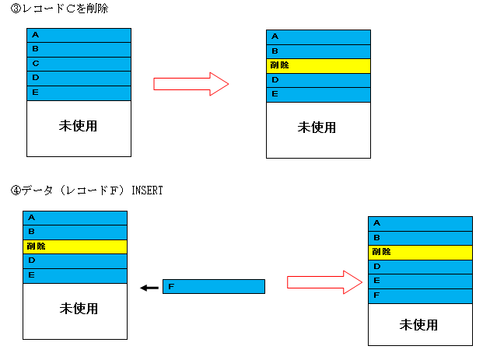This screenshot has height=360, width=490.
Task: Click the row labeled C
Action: click(79, 64)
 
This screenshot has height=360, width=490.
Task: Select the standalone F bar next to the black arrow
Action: click(214, 287)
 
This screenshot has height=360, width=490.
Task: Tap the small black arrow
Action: click(149, 288)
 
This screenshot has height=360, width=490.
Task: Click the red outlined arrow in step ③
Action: click(191, 84)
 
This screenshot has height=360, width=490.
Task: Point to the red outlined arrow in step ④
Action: click(324, 282)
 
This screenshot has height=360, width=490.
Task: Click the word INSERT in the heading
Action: click(147, 190)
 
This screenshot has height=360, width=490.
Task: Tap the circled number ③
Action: click(16, 9)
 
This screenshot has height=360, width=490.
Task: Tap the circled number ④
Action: click(16, 190)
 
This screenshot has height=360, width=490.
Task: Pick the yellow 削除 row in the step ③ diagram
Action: click(318, 66)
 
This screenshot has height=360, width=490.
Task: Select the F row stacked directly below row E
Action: click(420, 296)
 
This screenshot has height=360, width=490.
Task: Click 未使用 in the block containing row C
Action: click(78, 126)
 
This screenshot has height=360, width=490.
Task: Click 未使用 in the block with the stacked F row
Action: click(418, 325)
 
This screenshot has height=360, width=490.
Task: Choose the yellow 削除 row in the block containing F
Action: click(420, 253)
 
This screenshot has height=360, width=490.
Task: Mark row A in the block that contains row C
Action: click(79, 35)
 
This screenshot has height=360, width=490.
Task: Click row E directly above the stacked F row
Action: click(420, 281)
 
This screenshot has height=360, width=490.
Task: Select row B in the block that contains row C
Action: click(79, 50)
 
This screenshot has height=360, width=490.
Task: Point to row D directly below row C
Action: click(79, 79)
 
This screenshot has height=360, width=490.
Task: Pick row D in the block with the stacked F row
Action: click(420, 267)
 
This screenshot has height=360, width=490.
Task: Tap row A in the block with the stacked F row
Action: click(420, 224)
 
